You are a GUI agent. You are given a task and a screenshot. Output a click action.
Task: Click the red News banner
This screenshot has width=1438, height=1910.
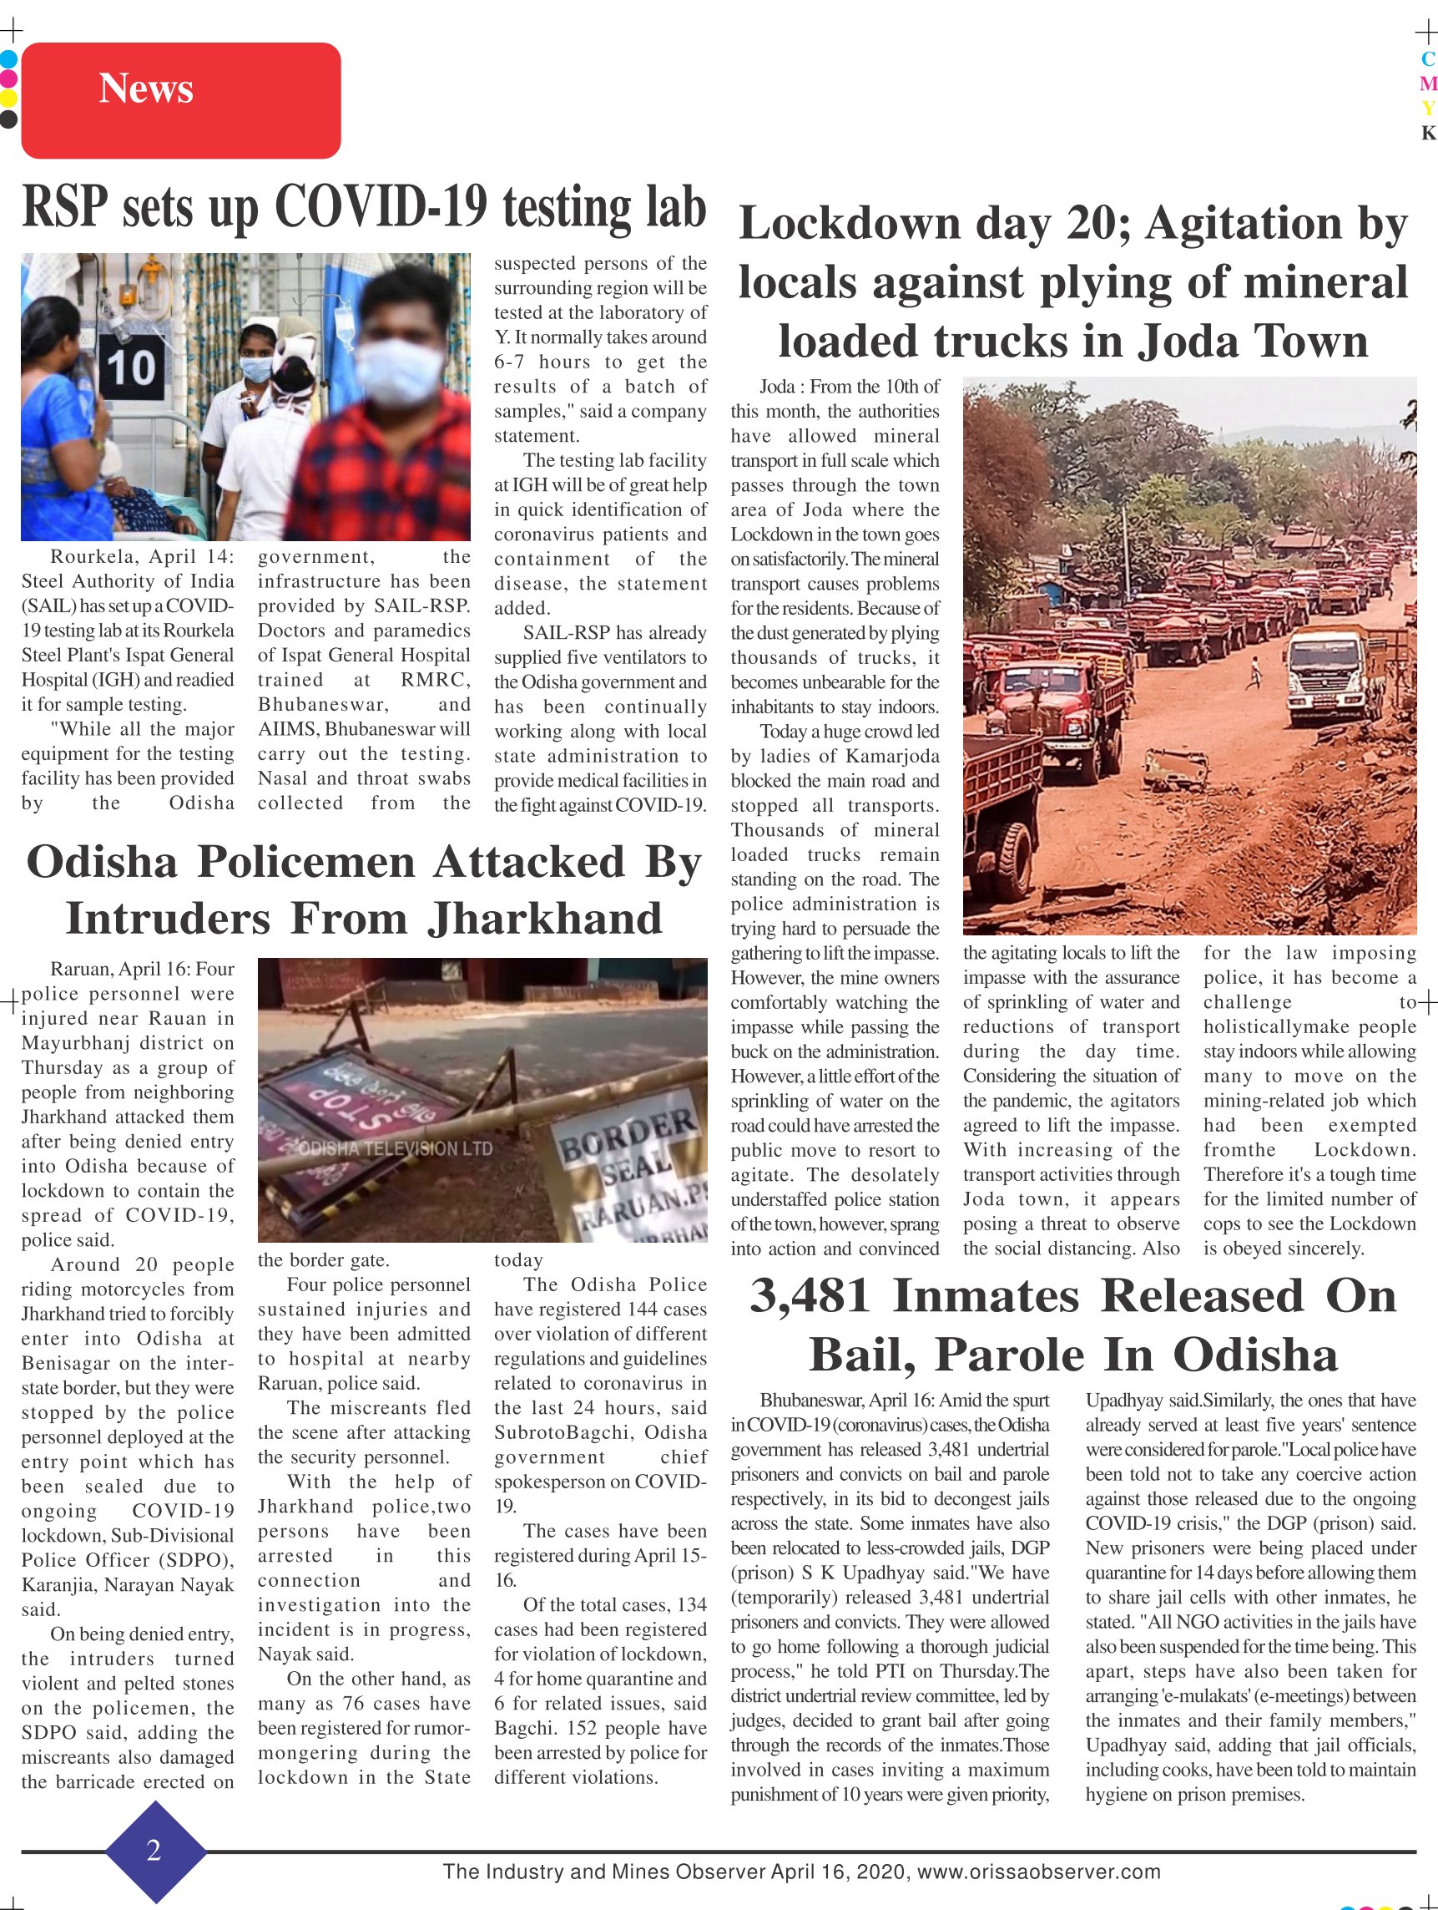point(180,100)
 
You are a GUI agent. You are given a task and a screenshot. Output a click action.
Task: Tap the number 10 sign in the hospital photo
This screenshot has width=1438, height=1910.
point(130,367)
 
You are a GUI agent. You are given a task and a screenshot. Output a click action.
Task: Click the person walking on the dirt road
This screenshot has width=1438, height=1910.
point(1254,672)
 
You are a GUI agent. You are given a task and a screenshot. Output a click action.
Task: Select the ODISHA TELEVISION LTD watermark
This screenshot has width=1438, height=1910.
point(396,1148)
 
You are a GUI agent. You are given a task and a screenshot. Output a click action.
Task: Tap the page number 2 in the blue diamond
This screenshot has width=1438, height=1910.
point(154,1851)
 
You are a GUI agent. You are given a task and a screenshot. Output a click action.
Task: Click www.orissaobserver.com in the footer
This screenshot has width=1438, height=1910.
point(1038,1872)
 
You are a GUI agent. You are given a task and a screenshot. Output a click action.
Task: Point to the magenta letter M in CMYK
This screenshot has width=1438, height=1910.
point(1428,84)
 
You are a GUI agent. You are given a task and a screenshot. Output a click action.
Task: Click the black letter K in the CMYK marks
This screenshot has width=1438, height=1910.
point(1428,133)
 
